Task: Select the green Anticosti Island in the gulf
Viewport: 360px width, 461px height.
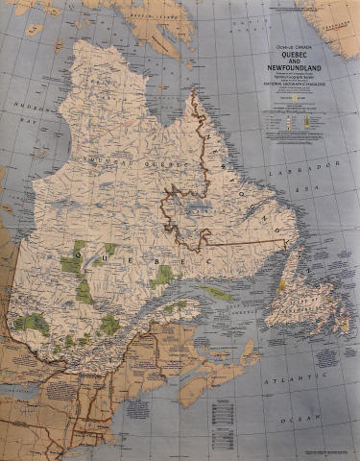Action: (x=216, y=293)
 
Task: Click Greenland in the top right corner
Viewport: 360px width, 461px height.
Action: (x=336, y=24)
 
